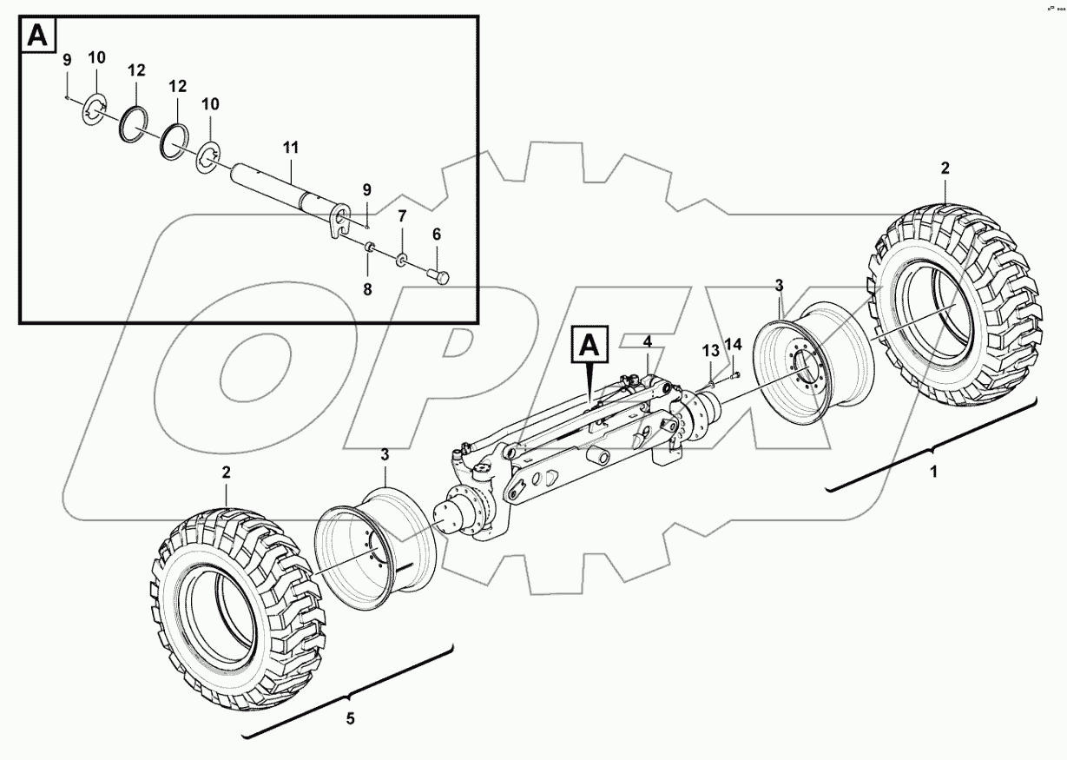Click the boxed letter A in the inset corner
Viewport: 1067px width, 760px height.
pos(37,36)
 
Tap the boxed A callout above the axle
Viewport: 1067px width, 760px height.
pos(588,346)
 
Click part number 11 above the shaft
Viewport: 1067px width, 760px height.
pos(289,149)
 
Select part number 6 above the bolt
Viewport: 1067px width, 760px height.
pos(437,234)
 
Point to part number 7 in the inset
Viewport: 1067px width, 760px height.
pos(402,215)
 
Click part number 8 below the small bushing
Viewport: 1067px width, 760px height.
pos(367,290)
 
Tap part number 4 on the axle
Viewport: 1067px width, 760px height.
pos(647,342)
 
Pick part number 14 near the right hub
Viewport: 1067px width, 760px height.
pos(733,345)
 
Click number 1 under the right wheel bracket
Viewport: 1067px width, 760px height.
pos(934,473)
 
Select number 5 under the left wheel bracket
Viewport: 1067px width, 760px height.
pos(351,718)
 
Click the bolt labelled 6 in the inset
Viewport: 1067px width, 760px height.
pos(439,277)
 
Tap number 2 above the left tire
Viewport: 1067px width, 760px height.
pos(226,473)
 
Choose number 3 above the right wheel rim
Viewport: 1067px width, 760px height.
pos(780,285)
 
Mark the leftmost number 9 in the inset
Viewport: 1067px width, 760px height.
pos(66,60)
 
